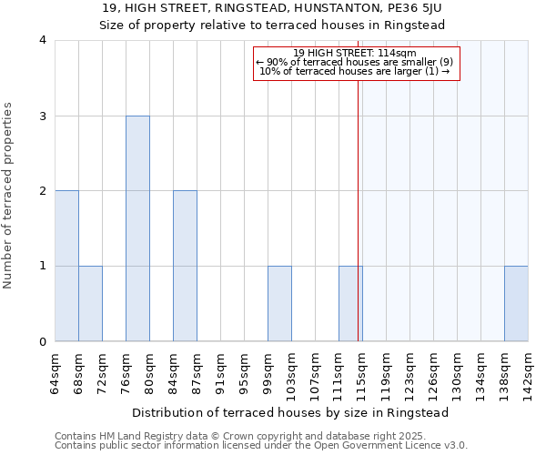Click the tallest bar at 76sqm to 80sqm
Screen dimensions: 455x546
tap(137, 228)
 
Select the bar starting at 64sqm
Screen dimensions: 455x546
tap(66, 266)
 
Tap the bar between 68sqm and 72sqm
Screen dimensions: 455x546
tap(90, 304)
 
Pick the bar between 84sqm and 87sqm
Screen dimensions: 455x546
tap(185, 266)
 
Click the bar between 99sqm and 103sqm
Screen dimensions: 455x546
tap(279, 304)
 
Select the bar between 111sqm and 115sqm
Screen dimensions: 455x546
tap(350, 304)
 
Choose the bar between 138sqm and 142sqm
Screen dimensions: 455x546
tap(516, 304)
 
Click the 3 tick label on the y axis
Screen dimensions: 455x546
tap(43, 116)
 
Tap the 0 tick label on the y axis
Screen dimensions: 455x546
tap(43, 342)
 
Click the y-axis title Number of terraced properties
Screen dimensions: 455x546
tap(9, 195)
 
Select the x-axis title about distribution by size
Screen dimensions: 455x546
tap(291, 412)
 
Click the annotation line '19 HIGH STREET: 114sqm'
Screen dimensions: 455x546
tap(355, 53)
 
